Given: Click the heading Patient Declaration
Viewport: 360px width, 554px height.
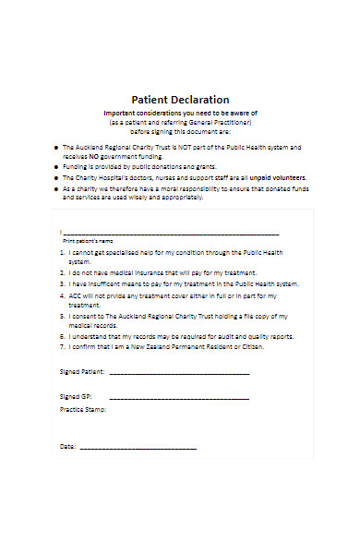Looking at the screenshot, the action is (180, 100).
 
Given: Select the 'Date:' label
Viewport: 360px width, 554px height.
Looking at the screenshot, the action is (68, 446).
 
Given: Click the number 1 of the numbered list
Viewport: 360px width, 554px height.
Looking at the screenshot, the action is (63, 251).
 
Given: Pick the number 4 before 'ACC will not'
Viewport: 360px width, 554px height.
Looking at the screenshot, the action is (63, 295).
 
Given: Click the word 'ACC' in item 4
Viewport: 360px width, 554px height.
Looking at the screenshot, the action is (76, 295).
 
